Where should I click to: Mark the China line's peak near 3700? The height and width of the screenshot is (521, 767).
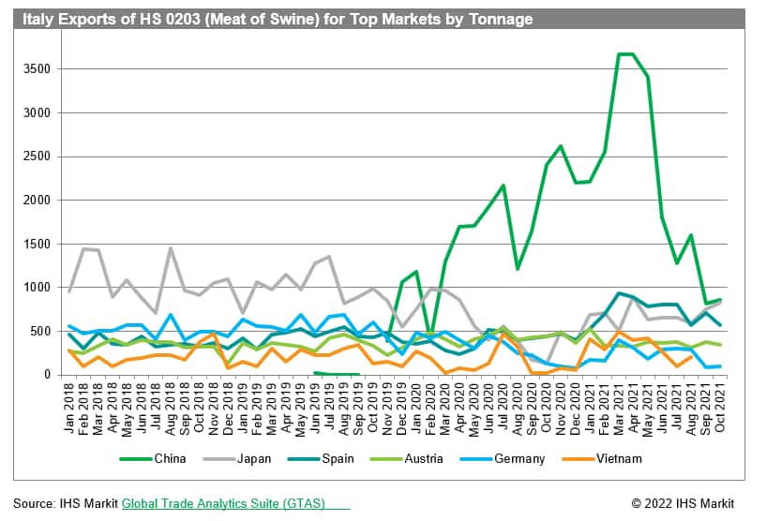(x=626, y=54)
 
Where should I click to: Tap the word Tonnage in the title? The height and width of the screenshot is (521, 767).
(x=502, y=19)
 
